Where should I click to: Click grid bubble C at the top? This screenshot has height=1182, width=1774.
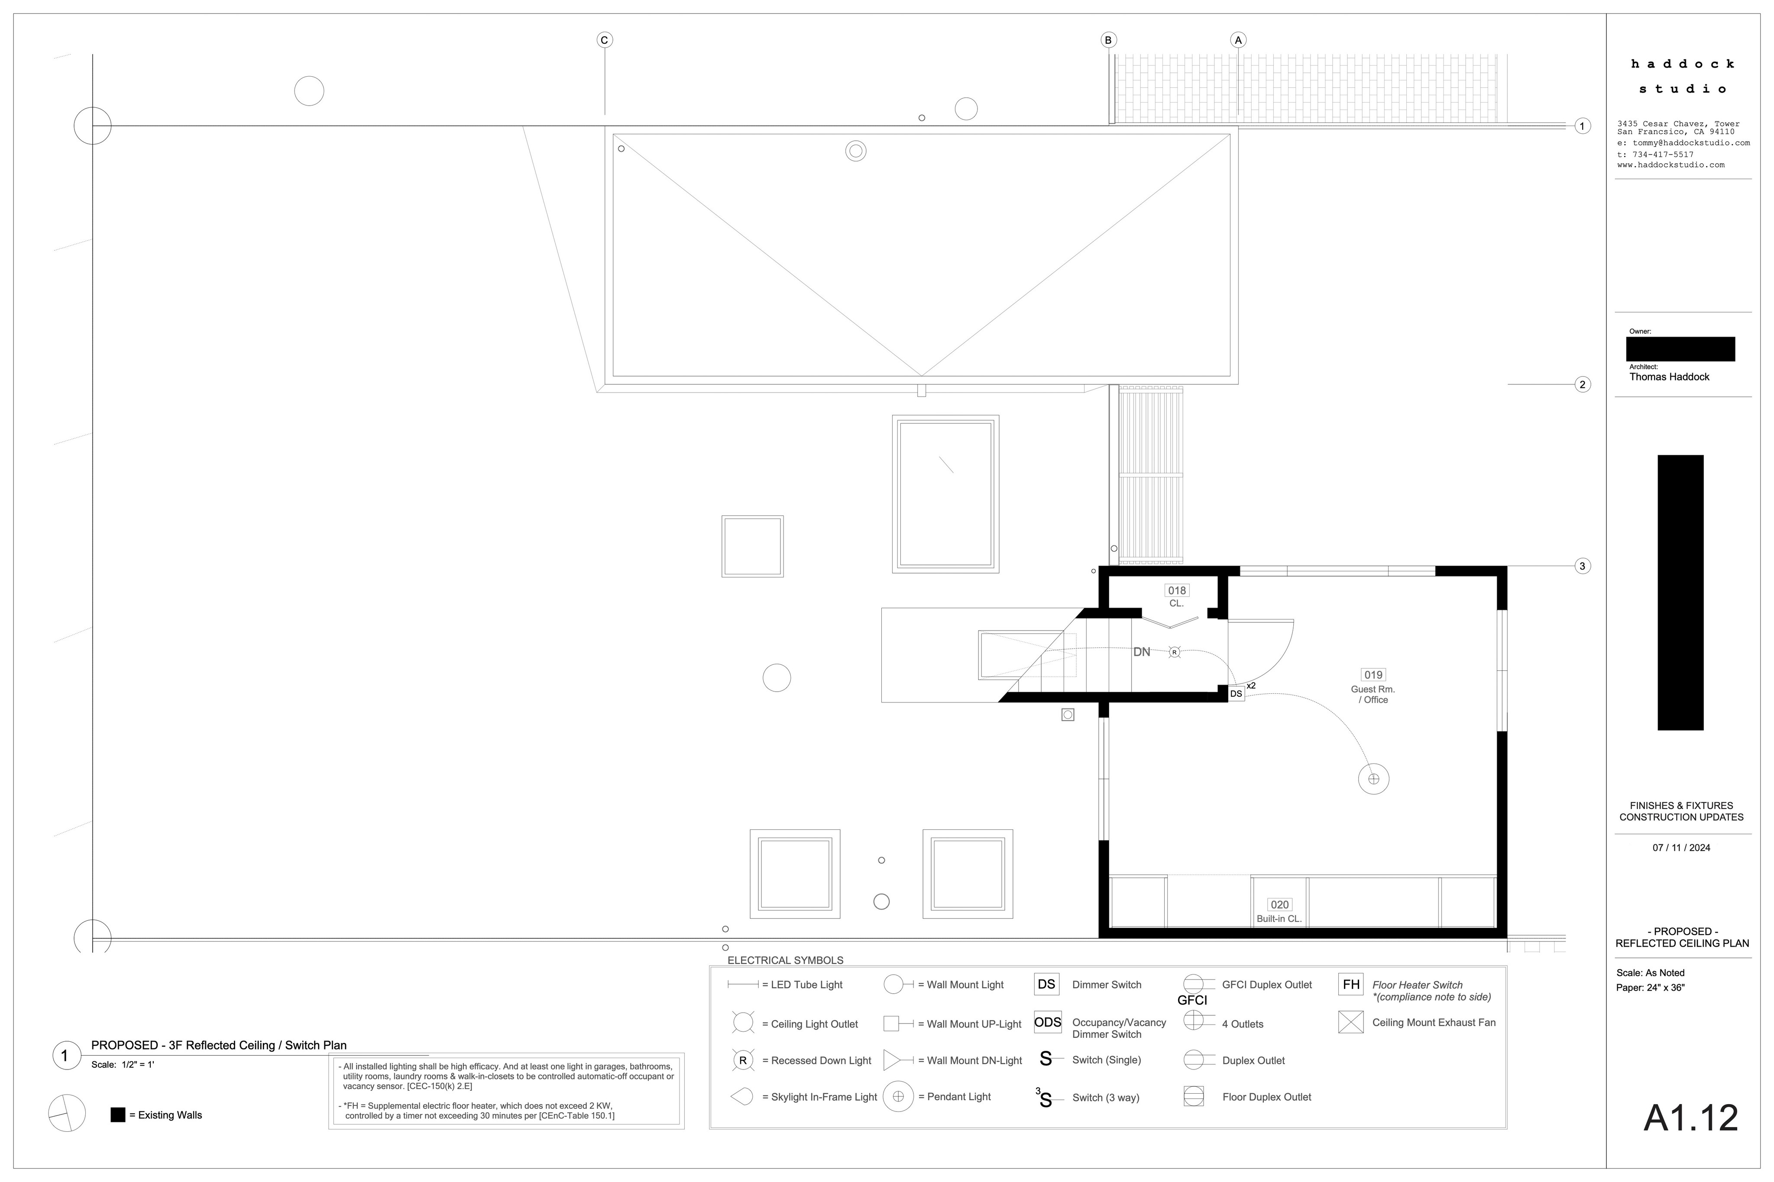[x=604, y=40]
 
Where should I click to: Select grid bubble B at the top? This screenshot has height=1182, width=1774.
[x=1108, y=40]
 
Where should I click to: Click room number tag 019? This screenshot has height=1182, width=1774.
[x=1373, y=675]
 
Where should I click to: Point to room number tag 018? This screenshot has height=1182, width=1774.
[x=1177, y=590]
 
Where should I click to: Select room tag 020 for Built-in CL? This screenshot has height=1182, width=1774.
[x=1279, y=905]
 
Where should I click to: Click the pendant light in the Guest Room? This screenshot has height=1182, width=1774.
[x=1373, y=779]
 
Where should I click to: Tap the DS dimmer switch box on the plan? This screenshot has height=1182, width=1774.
[x=1236, y=693]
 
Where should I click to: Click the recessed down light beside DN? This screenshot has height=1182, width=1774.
[x=1175, y=652]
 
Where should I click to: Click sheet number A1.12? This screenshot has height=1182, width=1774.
[x=1691, y=1118]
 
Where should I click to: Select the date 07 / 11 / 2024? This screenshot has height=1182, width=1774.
[x=1681, y=847]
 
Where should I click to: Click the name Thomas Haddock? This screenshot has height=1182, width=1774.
[x=1669, y=377]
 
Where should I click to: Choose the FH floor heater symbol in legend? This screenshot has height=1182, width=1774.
[x=1351, y=985]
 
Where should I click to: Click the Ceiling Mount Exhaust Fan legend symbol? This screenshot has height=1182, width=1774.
[x=1351, y=1022]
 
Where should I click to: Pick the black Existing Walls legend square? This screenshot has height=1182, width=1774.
[x=118, y=1115]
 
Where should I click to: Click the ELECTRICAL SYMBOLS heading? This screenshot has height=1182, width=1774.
[x=785, y=960]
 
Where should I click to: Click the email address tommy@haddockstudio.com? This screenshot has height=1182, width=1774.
[x=1691, y=142]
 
